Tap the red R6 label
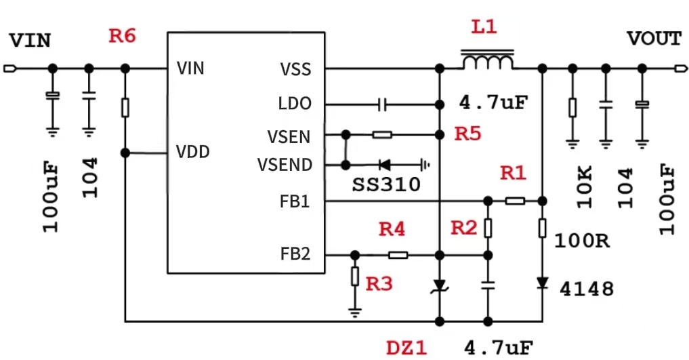point(123,36)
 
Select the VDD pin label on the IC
point(193,152)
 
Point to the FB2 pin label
point(295,254)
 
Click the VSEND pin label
point(285,165)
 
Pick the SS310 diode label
point(386,185)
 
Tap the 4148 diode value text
point(587,290)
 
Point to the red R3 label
point(379,284)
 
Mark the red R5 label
point(467,134)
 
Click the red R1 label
point(513,174)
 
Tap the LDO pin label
point(295,104)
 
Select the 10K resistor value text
point(585,186)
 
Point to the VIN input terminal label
point(30,41)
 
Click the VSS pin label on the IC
point(295,69)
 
